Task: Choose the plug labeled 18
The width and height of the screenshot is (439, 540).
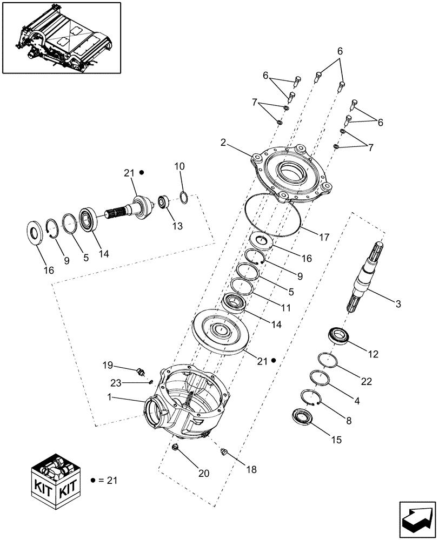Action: (x=225, y=453)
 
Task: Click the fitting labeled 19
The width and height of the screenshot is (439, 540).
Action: (x=141, y=372)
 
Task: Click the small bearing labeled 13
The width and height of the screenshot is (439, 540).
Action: (x=163, y=203)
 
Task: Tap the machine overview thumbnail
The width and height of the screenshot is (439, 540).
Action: (x=61, y=38)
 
